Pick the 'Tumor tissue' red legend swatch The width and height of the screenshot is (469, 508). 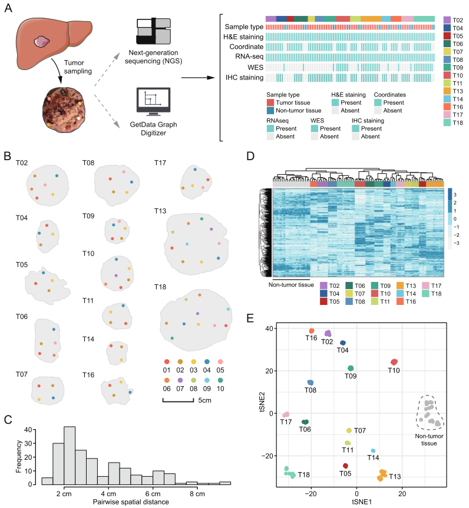pos(271,104)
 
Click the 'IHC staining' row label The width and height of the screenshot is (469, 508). pos(243,77)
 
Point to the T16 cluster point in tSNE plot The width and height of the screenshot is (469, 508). pos(312,331)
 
